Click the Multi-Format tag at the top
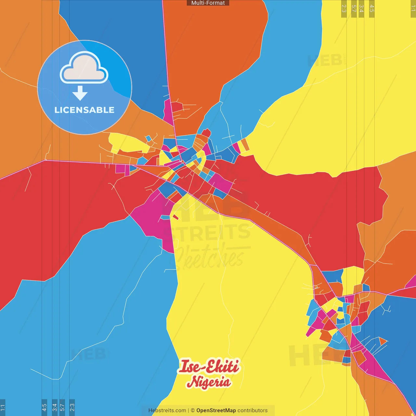click(208, 3)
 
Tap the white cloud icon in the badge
click(84, 68)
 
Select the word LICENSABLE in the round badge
click(84, 110)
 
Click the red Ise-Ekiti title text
click(209, 367)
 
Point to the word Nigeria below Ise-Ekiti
click(209, 382)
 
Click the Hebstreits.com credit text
click(167, 410)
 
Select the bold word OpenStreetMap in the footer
click(216, 410)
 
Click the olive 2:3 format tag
click(344, 8)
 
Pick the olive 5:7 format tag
click(354, 8)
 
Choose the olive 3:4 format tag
click(361, 8)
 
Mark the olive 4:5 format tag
click(372, 8)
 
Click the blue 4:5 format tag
click(44, 407)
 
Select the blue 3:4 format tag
click(55, 407)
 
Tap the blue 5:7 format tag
click(62, 407)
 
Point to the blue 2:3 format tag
click(72, 407)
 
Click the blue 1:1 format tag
click(3, 407)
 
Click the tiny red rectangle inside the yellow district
click(175, 217)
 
